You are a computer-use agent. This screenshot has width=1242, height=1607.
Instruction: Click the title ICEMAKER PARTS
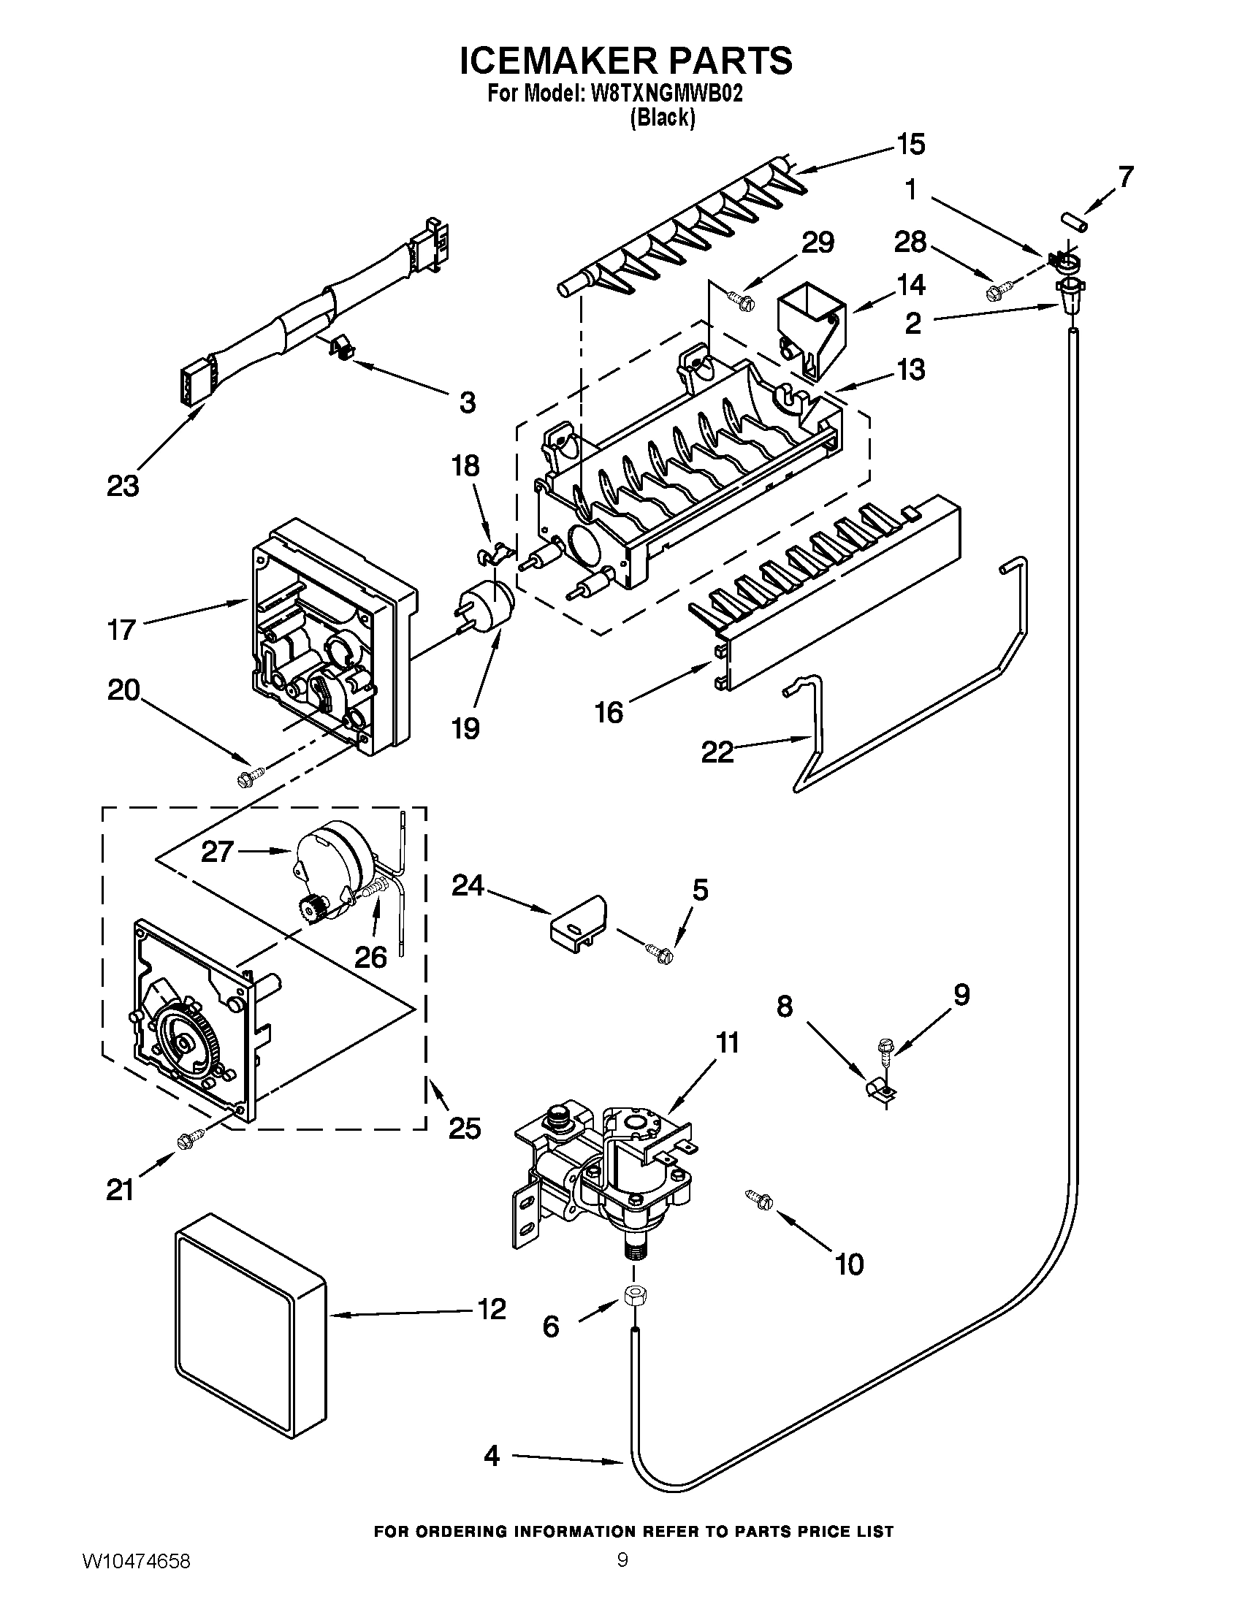click(626, 61)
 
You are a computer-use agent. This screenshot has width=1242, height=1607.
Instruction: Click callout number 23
click(123, 486)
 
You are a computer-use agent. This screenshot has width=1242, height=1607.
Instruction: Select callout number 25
click(464, 1127)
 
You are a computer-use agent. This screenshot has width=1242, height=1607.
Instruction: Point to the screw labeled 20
click(250, 776)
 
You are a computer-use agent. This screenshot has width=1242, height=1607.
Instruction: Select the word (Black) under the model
click(662, 118)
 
